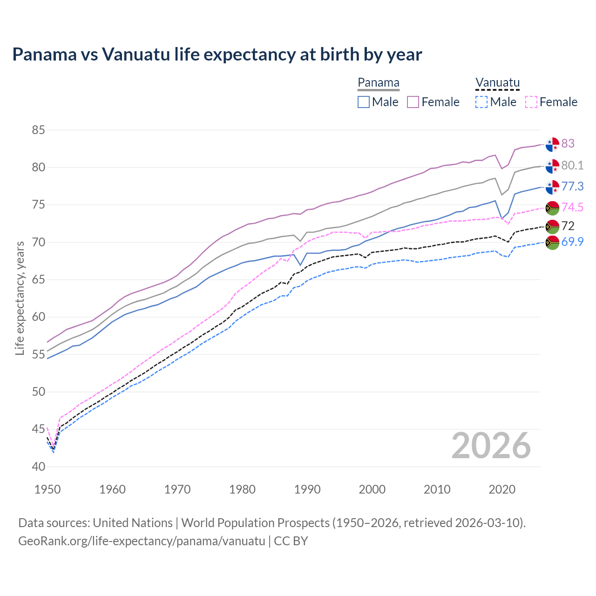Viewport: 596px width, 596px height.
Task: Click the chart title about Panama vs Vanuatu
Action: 217,54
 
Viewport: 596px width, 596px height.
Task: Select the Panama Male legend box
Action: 364,102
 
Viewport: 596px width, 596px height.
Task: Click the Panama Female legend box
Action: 413,102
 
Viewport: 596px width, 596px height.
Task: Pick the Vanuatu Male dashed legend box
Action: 481,102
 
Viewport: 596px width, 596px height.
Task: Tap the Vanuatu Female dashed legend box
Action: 531,102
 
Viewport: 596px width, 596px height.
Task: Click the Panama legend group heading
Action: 379,83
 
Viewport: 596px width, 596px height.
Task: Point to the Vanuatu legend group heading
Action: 497,83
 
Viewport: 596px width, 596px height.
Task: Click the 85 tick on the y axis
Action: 38,130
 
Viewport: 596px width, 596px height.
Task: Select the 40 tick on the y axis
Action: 38,467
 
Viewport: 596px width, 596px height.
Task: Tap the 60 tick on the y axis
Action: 38,317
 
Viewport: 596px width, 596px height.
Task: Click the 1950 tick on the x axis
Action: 47,489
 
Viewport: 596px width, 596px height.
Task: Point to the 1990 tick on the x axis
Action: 307,489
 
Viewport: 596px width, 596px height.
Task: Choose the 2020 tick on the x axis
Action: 502,489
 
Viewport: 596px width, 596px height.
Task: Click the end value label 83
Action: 568,143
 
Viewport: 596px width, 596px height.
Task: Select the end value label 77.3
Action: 572,186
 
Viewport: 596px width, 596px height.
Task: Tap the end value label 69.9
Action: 572,242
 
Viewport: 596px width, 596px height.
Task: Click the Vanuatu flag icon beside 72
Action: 552,227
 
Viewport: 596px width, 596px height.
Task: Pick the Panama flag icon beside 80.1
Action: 552,166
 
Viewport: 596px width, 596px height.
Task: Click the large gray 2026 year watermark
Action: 491,446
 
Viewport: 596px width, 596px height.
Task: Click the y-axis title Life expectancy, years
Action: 20,298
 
